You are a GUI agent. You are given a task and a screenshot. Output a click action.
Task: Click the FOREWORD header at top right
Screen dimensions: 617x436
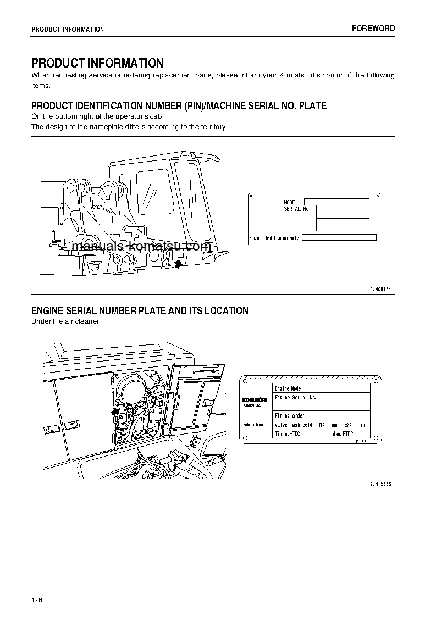tap(373, 29)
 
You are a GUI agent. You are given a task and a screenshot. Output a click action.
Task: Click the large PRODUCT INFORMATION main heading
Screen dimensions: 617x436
tap(97, 63)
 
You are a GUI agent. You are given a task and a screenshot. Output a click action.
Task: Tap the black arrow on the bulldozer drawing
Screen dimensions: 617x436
tap(178, 264)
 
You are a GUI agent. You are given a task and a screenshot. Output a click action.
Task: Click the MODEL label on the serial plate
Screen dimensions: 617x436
tap(291, 202)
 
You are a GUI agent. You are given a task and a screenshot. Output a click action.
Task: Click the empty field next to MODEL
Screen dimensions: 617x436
tap(336, 202)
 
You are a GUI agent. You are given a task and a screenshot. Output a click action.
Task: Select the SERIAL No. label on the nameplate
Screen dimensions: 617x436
tap(297, 209)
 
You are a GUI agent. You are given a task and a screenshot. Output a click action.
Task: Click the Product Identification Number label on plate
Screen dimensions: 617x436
tap(274, 238)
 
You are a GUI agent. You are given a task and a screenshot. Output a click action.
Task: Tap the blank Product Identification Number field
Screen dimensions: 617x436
tap(339, 238)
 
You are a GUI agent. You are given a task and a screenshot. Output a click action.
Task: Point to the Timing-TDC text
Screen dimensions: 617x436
tap(287, 434)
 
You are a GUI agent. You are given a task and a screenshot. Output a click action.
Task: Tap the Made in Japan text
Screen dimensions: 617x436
tap(253, 425)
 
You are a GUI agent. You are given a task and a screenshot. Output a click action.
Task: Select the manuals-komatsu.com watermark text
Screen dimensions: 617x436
tap(141, 247)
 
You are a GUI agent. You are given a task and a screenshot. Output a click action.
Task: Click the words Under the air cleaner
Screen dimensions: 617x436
tap(65, 321)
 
